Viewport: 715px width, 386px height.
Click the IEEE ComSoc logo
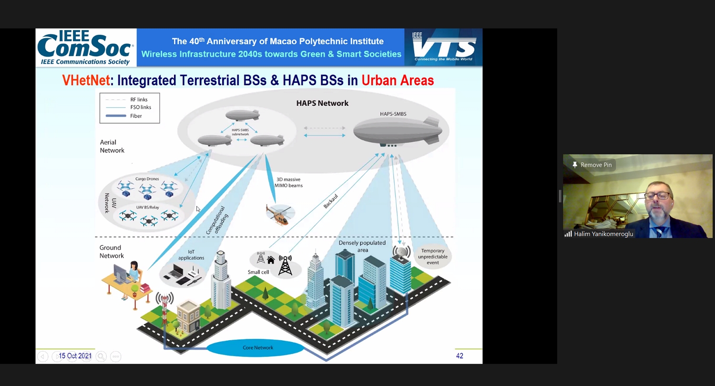[x=86, y=47]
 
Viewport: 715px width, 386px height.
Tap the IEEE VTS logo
[x=443, y=47]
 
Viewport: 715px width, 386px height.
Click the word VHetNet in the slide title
[x=86, y=81]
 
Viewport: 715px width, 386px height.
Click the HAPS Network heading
[x=322, y=103]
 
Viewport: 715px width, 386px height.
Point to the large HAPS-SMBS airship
[x=398, y=131]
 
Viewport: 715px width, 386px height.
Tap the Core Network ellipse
[x=257, y=348]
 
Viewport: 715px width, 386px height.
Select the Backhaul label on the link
[x=330, y=201]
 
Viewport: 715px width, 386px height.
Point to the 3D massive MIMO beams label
[x=288, y=183]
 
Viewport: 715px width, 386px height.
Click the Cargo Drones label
[x=147, y=179]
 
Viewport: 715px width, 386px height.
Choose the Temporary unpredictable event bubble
[x=432, y=256]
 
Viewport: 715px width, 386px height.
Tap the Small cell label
[x=258, y=272]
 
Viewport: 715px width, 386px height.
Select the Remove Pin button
[x=592, y=165]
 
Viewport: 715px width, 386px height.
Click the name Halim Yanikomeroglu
[x=603, y=234]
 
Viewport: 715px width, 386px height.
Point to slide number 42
[x=460, y=356]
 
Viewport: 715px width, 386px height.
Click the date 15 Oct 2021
[x=75, y=356]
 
